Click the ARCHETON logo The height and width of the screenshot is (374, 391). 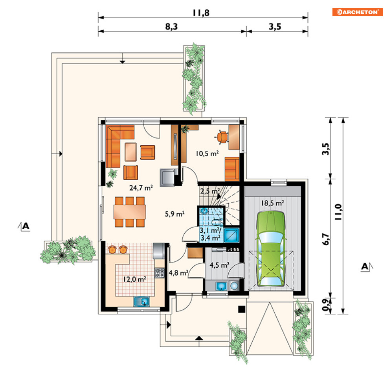pyautogui.click(x=358, y=12)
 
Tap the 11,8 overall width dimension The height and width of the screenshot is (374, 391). pyautogui.click(x=201, y=13)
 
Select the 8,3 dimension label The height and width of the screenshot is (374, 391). pyautogui.click(x=172, y=26)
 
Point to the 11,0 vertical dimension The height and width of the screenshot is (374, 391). pyautogui.click(x=338, y=212)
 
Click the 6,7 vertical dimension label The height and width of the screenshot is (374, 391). pyautogui.click(x=326, y=239)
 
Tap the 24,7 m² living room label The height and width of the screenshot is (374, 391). pyautogui.click(x=141, y=188)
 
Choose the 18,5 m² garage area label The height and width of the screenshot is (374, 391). pyautogui.click(x=273, y=203)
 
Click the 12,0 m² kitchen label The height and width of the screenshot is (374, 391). pyautogui.click(x=135, y=279)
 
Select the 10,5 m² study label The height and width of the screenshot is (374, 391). pyautogui.click(x=207, y=153)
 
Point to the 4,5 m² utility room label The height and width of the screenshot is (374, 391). pyautogui.click(x=219, y=265)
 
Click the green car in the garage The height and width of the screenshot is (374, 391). pyautogui.click(x=271, y=249)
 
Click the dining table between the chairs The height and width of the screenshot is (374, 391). pyautogui.click(x=130, y=212)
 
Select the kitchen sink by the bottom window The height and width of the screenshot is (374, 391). pyautogui.click(x=141, y=302)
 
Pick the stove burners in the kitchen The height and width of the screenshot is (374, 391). pyautogui.click(x=160, y=273)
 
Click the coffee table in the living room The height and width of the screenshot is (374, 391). pyautogui.click(x=131, y=152)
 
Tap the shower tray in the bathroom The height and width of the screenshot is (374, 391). pyautogui.click(x=232, y=235)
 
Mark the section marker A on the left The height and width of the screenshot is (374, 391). pyautogui.click(x=24, y=226)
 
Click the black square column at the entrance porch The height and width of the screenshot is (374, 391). pyautogui.click(x=242, y=309)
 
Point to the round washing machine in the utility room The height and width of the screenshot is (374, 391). pyautogui.click(x=234, y=285)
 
